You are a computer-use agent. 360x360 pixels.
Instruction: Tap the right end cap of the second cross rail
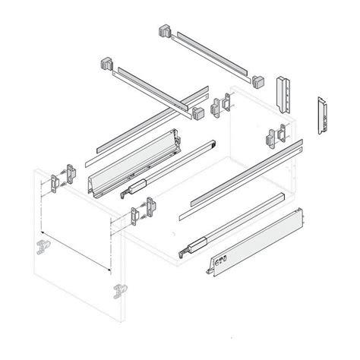coord(199,113)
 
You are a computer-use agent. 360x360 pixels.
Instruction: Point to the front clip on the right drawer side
coord(215,266)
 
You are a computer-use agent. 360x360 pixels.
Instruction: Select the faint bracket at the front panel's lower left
coord(39,248)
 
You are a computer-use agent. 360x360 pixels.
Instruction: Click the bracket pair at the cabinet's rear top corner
coord(220,104)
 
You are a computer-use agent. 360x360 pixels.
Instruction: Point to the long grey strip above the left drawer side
coord(137,123)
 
